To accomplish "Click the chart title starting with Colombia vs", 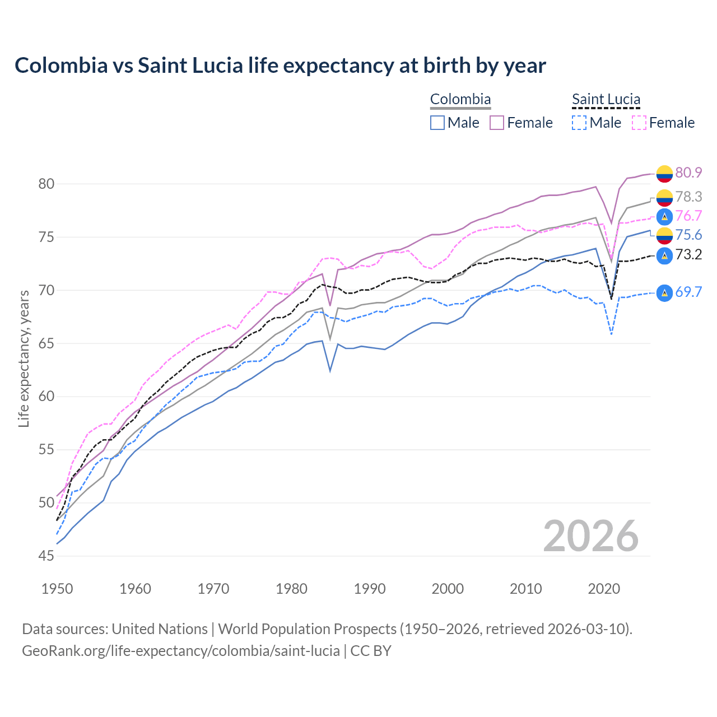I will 280,66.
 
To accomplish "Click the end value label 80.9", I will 688,173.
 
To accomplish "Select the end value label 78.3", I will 688,197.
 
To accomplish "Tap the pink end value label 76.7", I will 688,216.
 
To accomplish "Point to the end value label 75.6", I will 688,235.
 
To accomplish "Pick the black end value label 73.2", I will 688,255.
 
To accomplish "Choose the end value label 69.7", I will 688,292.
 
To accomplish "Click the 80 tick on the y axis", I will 46,184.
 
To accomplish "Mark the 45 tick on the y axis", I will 46,556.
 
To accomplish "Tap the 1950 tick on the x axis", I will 57,589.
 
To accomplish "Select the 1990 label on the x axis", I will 370,589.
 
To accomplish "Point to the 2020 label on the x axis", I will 604,589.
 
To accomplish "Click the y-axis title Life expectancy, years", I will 24,358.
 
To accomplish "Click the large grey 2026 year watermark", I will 590,536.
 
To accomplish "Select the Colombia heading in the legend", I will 460,99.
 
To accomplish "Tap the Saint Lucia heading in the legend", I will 606,99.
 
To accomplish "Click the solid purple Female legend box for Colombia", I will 497,123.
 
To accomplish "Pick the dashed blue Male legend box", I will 580,123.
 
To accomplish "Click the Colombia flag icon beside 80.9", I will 664,174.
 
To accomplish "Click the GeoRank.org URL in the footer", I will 181,651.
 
